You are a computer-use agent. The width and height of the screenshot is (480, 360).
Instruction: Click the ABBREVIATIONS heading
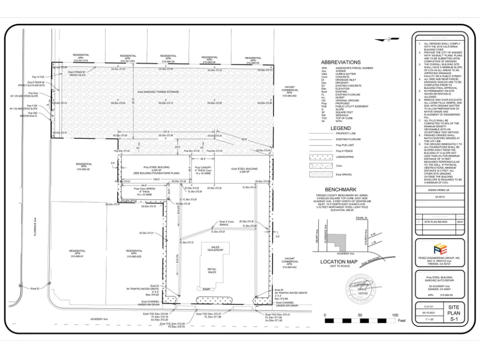(x=340, y=62)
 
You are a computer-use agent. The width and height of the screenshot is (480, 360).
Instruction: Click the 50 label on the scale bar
(x=360, y=315)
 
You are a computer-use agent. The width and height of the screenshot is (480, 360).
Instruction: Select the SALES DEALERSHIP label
(x=215, y=248)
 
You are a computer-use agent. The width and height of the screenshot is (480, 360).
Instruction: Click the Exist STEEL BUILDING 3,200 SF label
(x=244, y=170)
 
